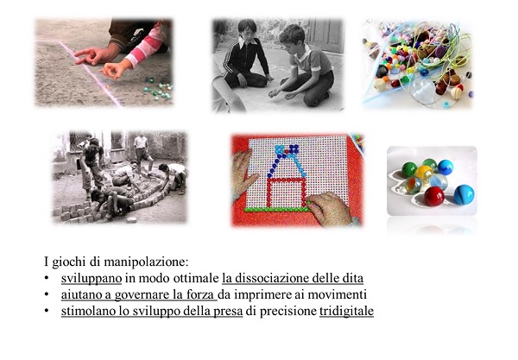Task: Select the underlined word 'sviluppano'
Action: [x=92, y=279]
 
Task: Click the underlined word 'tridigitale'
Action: [x=346, y=311]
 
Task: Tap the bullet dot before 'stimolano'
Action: [x=47, y=311]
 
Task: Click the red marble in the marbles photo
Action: [x=434, y=196]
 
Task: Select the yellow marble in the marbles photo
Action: [x=424, y=173]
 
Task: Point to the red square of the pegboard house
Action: [x=287, y=193]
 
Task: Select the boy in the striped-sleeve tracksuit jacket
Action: [x=246, y=54]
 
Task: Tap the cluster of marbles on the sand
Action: [x=157, y=88]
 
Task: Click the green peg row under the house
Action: [x=277, y=210]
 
